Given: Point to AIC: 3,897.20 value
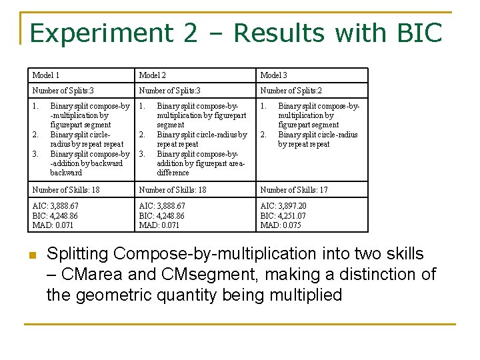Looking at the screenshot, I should pos(283,206).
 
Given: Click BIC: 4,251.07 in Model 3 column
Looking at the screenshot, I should pos(283,216).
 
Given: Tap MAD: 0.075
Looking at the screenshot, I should pos(281,225).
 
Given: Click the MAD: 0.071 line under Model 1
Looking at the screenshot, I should pos(53,225).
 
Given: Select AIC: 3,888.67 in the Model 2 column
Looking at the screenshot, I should pos(162,206).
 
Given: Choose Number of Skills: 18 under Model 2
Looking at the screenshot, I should pos(173,190).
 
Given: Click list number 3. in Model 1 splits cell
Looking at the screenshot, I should pos(35,153).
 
